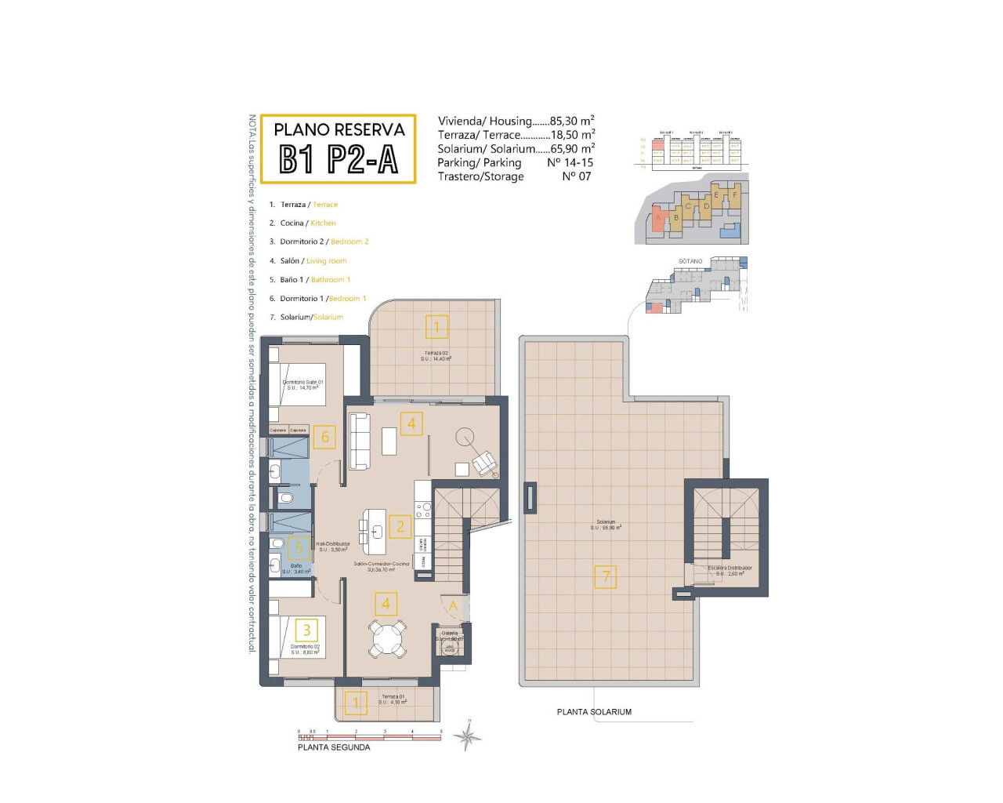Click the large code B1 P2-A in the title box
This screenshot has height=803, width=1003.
(339, 160)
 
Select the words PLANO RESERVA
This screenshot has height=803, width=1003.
(339, 129)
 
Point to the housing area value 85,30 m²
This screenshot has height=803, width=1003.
(572, 121)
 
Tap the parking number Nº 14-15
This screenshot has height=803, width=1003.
(570, 162)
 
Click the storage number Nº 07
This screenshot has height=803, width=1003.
(576, 176)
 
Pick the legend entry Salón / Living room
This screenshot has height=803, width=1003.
(313, 261)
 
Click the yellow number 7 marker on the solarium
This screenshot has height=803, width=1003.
(606, 577)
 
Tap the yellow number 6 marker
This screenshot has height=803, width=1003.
(325, 438)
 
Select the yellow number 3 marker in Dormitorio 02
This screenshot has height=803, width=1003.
(306, 630)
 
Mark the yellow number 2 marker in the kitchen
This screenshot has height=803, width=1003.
(400, 526)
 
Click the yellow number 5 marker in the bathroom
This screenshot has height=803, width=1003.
(299, 548)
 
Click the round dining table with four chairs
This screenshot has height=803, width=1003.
(387, 638)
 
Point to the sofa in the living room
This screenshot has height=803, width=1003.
(360, 441)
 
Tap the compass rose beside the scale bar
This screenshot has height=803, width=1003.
(468, 737)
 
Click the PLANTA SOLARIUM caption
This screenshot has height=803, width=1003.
(594, 712)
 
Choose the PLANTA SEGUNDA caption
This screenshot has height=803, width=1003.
(334, 747)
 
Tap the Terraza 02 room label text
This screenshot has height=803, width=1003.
(436, 353)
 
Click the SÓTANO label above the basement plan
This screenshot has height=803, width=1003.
(690, 261)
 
